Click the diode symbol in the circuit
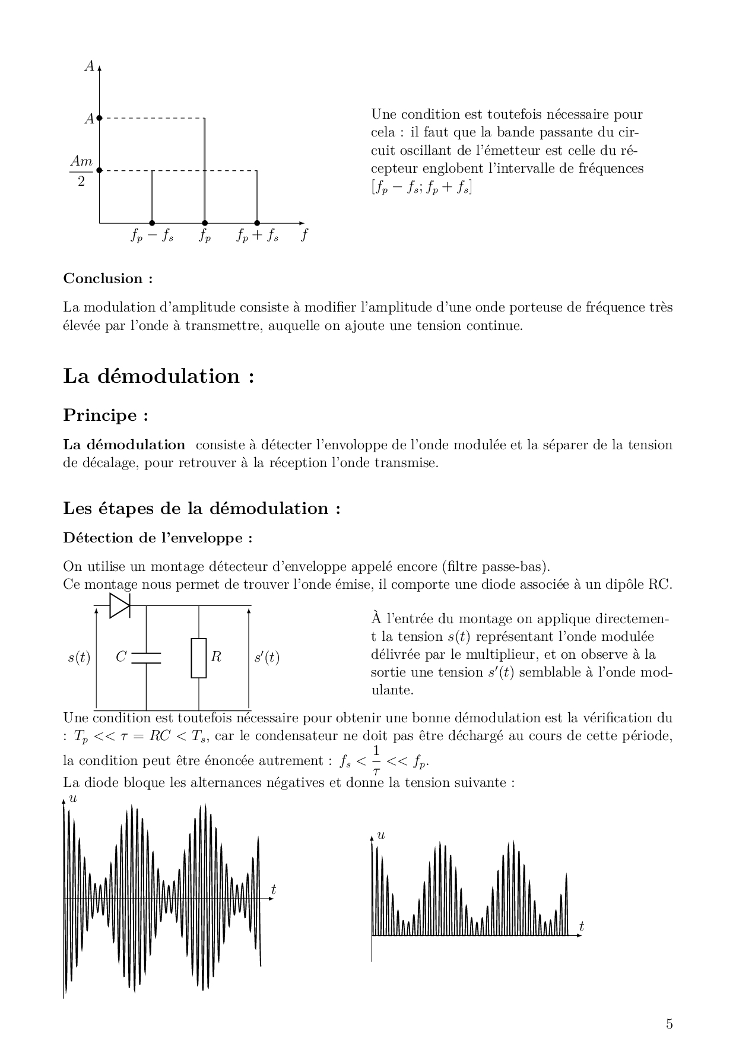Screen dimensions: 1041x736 [x=120, y=606]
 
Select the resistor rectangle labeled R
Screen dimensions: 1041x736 [x=199, y=658]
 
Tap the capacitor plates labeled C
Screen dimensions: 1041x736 [x=146, y=657]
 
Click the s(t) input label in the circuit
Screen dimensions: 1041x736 [x=78, y=658]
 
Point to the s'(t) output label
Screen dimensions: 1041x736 [x=267, y=658]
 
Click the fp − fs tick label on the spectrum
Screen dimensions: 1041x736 [x=152, y=236]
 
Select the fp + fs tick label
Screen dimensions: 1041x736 [x=258, y=236]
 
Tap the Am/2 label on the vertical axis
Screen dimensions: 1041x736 [x=81, y=170]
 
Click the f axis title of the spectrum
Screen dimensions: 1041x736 [x=304, y=235]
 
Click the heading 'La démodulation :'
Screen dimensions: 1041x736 [x=158, y=376]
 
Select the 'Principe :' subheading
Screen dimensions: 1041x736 [x=105, y=415]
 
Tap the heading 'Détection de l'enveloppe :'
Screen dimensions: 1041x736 [x=158, y=538]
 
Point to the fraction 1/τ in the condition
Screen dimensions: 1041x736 [x=376, y=761]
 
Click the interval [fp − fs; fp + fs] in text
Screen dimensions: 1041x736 [x=421, y=188]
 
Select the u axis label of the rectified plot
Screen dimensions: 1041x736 [x=381, y=836]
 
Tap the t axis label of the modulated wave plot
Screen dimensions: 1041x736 [x=274, y=889]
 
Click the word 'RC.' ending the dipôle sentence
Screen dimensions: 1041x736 [x=661, y=584]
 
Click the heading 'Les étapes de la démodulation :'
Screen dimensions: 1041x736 [x=202, y=509]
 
